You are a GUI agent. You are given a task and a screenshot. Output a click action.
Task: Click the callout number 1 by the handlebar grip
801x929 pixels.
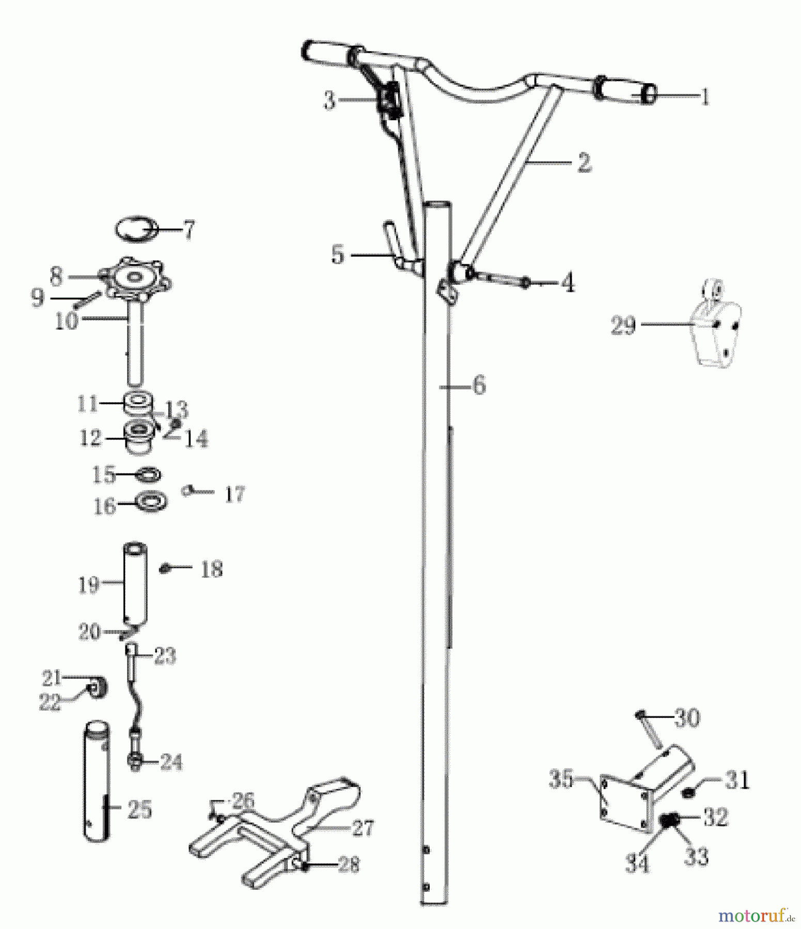[704, 97]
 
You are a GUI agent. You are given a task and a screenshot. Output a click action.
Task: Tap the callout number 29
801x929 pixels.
[623, 325]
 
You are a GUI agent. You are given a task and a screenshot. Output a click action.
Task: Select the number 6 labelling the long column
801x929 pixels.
[479, 385]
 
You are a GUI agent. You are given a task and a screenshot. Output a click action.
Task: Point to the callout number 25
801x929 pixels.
[139, 809]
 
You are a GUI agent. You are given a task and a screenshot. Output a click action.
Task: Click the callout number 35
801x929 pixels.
[561, 779]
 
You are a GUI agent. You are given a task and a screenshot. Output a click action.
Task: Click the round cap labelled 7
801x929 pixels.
[136, 228]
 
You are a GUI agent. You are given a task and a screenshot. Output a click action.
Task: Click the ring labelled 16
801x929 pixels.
[151, 501]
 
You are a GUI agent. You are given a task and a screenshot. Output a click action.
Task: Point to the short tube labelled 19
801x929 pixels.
[135, 581]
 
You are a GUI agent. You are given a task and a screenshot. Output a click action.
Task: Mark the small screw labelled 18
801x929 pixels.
[165, 569]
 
